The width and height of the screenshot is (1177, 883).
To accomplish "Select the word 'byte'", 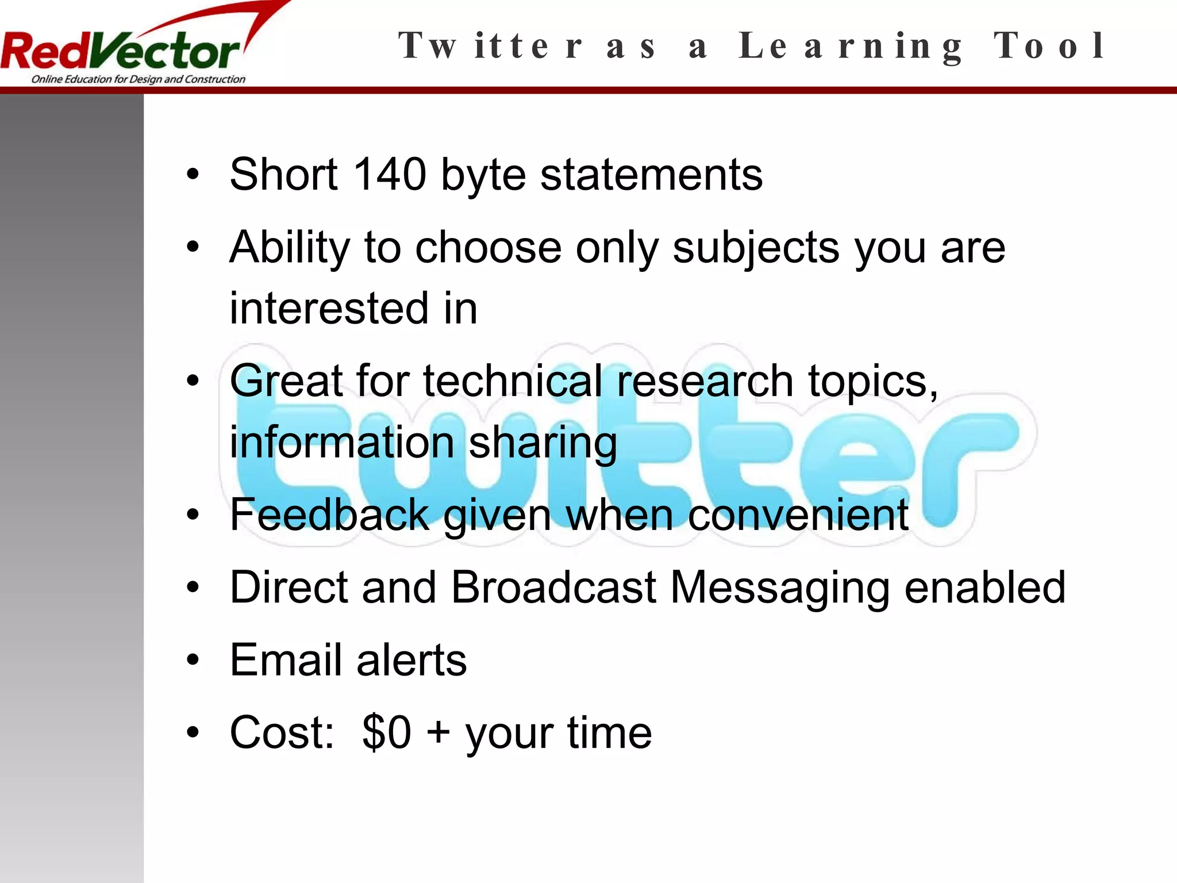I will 483,175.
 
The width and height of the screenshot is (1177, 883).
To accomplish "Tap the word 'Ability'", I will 290,247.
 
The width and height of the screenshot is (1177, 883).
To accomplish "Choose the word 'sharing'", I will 543,443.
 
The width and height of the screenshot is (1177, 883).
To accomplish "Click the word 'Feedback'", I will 329,514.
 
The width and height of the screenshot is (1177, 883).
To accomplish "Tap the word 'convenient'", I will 798,514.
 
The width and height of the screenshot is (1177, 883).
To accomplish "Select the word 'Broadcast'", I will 553,587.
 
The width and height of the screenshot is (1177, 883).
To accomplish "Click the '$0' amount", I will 387,732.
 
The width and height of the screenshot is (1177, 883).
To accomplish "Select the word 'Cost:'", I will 282,732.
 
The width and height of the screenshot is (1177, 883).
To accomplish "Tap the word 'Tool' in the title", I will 1049,46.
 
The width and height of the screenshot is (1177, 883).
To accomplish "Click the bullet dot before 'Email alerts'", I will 193,660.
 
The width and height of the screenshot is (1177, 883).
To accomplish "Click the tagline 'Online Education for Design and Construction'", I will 138,79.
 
